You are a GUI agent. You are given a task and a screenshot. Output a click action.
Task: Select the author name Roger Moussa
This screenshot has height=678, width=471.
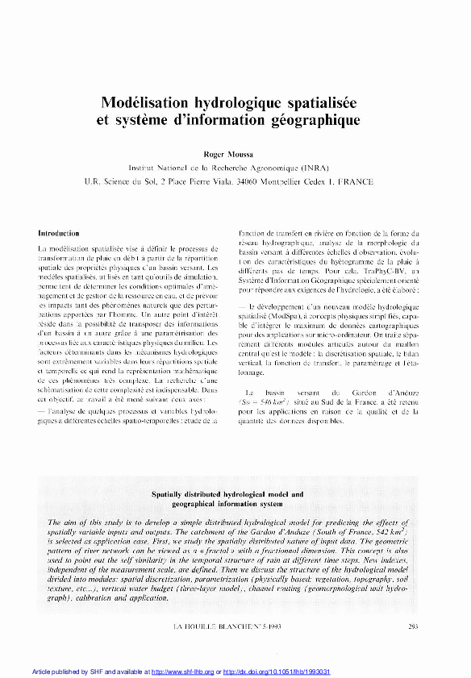(235, 154)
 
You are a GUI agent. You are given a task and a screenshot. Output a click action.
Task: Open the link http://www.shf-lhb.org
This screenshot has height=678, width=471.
(182, 672)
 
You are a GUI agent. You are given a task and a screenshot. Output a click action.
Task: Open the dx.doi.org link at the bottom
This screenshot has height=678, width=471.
(273, 672)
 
